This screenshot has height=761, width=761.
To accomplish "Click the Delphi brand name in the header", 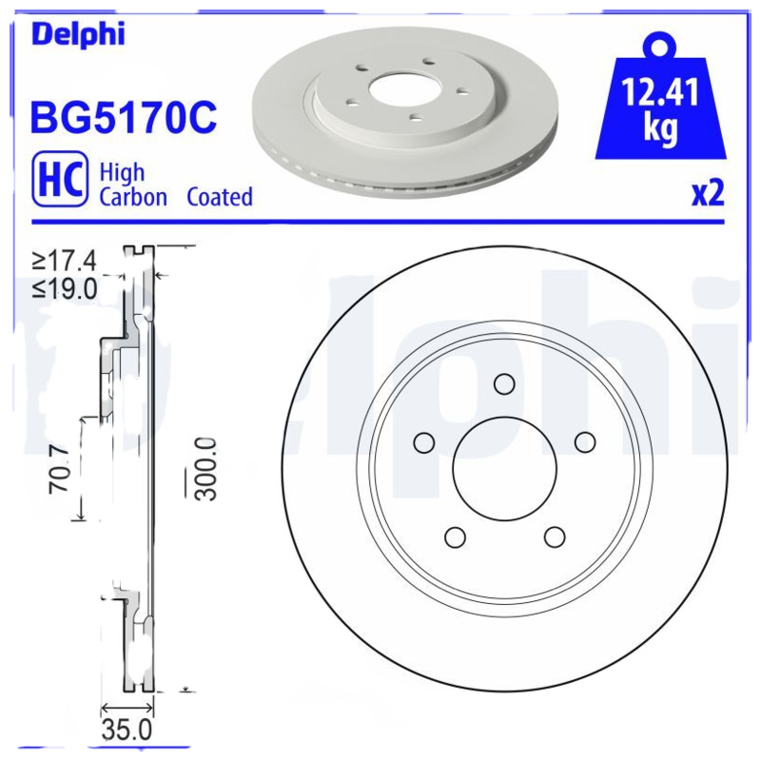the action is click(78, 34).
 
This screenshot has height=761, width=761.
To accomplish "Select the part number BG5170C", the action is click(124, 117).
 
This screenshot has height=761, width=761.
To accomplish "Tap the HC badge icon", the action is click(60, 179).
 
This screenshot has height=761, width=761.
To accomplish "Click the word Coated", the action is click(220, 197).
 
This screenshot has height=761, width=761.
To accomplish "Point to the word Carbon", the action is click(133, 197).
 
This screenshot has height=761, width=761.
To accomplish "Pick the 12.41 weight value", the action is click(660, 92).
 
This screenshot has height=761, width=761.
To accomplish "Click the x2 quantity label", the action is click(708, 194).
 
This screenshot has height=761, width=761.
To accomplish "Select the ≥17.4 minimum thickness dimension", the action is click(65, 261).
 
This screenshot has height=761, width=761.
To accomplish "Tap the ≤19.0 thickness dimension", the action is click(65, 289).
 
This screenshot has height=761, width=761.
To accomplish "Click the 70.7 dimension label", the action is click(59, 470).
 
